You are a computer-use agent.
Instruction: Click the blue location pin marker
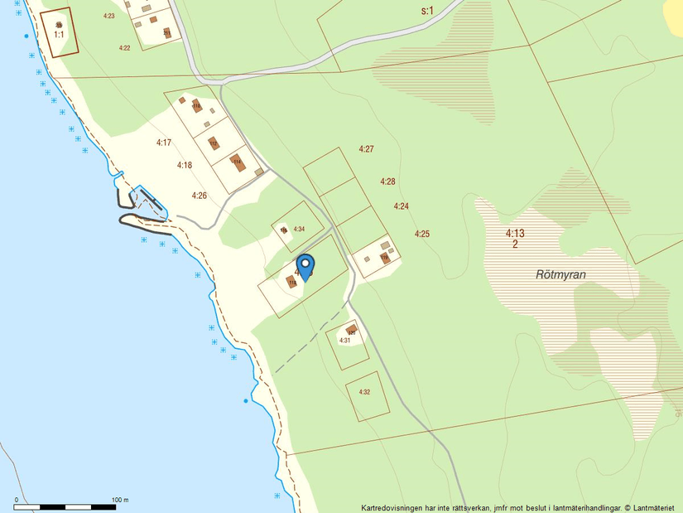tap(305, 266)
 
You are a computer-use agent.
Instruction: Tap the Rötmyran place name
tap(560, 273)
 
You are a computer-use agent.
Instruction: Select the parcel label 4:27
tap(367, 149)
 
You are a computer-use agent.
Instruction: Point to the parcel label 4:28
tap(387, 181)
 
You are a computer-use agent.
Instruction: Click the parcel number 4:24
tap(402, 206)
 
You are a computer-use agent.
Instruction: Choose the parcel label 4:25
tap(422, 234)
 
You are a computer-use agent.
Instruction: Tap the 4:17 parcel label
tap(164, 143)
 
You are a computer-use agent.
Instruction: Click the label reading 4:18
tap(185, 165)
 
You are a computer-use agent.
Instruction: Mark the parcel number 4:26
tap(199, 196)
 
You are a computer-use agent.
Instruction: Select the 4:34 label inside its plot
tap(299, 229)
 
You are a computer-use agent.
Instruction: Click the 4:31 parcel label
tap(345, 340)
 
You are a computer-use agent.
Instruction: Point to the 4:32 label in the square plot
tap(364, 391)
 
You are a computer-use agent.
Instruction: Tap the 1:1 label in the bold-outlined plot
tap(59, 35)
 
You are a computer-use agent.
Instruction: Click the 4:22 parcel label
tap(124, 48)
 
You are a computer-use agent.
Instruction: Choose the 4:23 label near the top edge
tap(108, 16)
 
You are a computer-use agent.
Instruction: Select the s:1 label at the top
tap(427, 11)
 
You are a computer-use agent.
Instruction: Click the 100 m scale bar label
tap(120, 500)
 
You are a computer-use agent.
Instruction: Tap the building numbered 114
tap(196, 106)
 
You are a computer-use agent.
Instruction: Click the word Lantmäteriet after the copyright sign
tap(656, 507)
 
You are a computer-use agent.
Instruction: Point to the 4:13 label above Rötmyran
tap(515, 234)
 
